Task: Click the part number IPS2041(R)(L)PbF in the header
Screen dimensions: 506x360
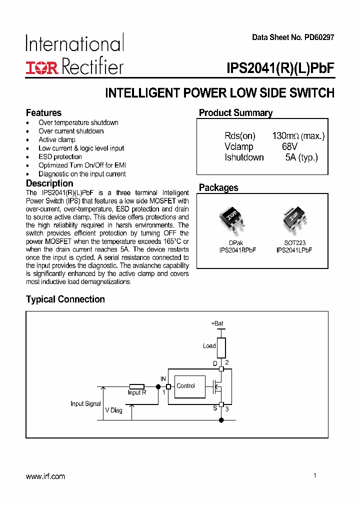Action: pyautogui.click(x=280, y=68)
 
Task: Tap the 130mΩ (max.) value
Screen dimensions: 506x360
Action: pyautogui.click(x=298, y=136)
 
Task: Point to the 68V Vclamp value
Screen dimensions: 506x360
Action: pyautogui.click(x=289, y=147)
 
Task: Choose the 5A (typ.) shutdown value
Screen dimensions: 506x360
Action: pyautogui.click(x=301, y=157)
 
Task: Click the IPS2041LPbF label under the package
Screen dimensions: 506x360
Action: pyautogui.click(x=294, y=250)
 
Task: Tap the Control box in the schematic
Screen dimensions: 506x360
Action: pyautogui.click(x=189, y=386)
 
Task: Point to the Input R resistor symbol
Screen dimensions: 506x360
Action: pyautogui.click(x=136, y=386)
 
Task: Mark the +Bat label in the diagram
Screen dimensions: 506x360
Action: pyautogui.click(x=217, y=323)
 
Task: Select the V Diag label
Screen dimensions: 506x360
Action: pyautogui.click(x=113, y=410)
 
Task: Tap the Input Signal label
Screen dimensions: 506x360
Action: pyautogui.click(x=85, y=403)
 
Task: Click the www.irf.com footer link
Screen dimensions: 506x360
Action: pyautogui.click(x=45, y=476)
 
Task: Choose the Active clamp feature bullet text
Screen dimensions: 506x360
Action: pyautogui.click(x=57, y=140)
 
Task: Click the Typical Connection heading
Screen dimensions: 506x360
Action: pyautogui.click(x=65, y=299)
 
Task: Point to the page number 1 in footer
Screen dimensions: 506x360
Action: pyautogui.click(x=315, y=475)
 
